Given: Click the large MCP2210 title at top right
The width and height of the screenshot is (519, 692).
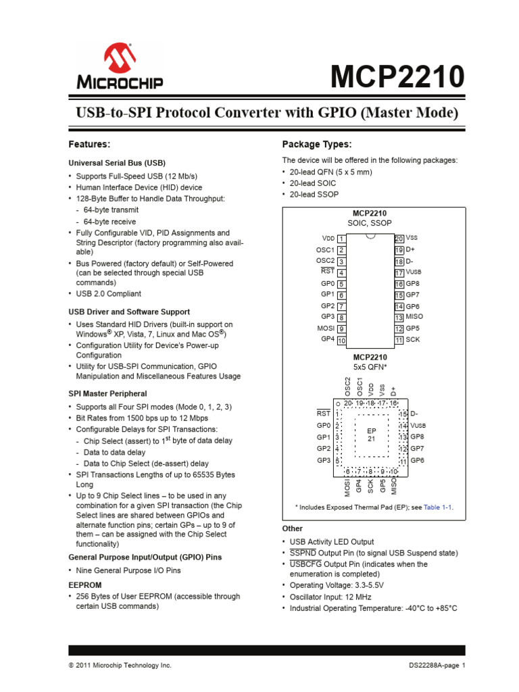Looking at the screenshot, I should click(x=397, y=77).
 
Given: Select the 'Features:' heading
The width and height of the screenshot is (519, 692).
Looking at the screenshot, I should click(x=89, y=145).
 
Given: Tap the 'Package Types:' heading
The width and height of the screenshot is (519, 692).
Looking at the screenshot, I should click(x=316, y=145).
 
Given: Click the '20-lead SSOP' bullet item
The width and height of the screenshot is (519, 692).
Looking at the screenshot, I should click(x=312, y=195).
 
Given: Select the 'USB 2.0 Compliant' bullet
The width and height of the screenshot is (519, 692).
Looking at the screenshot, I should click(x=108, y=294).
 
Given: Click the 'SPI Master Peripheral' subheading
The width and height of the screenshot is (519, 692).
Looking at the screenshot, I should click(x=107, y=393).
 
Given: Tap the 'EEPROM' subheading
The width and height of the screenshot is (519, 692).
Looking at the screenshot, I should click(x=84, y=585).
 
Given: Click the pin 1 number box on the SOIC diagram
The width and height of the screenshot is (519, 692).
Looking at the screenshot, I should click(x=342, y=239).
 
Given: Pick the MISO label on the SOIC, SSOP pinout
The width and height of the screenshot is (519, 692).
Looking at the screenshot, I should click(x=415, y=317).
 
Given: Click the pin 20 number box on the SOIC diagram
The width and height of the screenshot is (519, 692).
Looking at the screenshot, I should click(x=399, y=239).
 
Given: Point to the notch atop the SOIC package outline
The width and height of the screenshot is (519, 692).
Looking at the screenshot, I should click(x=370, y=237).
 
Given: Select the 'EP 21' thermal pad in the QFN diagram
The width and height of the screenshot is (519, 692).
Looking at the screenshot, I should click(x=371, y=435).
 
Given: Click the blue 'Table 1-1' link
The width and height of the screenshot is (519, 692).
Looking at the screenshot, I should click(x=439, y=507).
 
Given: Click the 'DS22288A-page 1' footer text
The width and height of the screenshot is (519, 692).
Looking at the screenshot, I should click(x=437, y=666).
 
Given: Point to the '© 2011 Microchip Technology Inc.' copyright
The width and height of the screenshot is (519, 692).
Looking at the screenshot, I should click(x=120, y=666).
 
